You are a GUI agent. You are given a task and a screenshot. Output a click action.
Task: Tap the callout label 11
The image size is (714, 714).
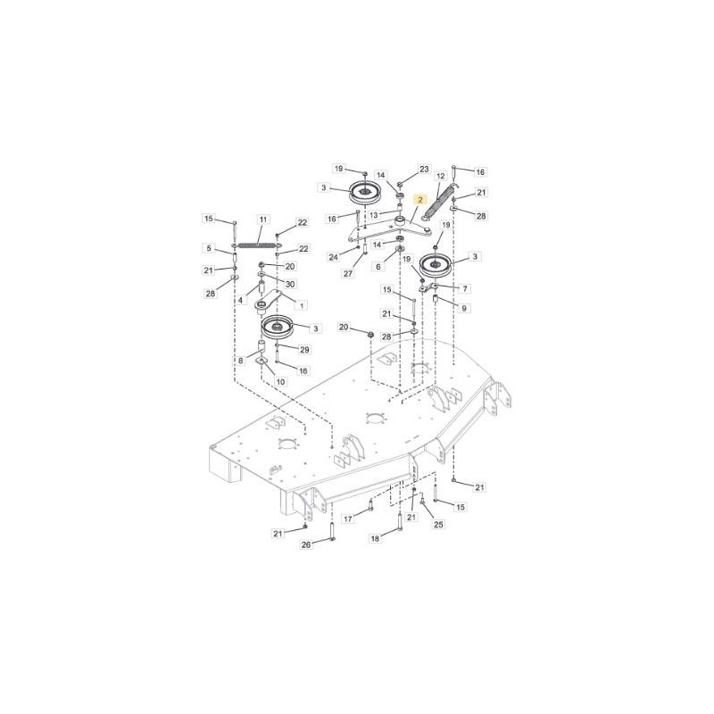point(263,220)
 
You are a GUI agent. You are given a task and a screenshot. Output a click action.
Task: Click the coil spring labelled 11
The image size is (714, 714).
point(256,244)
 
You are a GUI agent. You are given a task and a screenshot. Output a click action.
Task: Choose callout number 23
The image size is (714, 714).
point(424,169)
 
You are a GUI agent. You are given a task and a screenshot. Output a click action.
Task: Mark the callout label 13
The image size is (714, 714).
point(373,215)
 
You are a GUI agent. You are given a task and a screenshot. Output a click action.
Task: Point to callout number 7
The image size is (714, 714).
point(464,288)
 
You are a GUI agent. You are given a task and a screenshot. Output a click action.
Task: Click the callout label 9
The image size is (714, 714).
point(464,308)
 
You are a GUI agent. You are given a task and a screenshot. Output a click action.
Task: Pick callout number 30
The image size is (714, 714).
point(290,284)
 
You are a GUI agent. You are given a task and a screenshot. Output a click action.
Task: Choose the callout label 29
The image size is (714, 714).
point(303,349)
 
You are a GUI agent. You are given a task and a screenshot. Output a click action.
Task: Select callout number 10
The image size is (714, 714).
point(280,382)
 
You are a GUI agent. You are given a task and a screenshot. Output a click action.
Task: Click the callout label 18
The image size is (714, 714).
point(375,538)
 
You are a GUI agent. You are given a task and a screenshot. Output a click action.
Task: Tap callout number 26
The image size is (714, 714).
point(305,544)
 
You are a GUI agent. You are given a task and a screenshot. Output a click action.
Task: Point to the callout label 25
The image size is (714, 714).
point(438,524)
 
